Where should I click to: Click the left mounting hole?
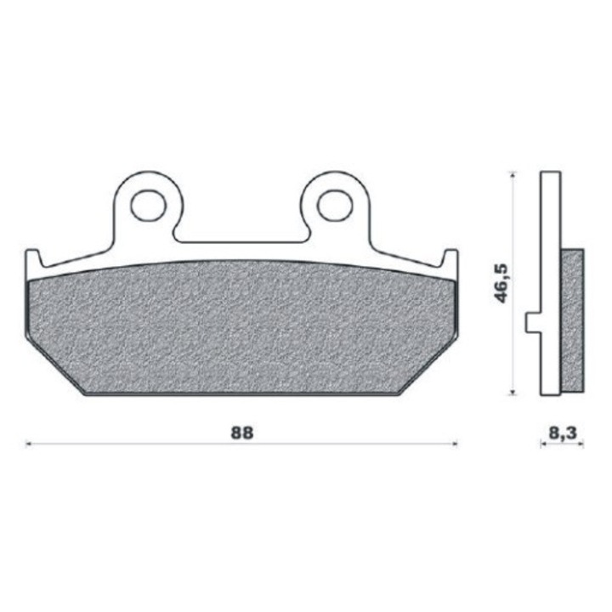point(148,206)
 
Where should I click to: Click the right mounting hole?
point(335,206)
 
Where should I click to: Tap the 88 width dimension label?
point(242,433)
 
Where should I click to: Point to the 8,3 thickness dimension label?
point(562,433)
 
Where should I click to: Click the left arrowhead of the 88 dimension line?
point(28,444)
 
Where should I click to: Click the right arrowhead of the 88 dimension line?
point(454,444)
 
